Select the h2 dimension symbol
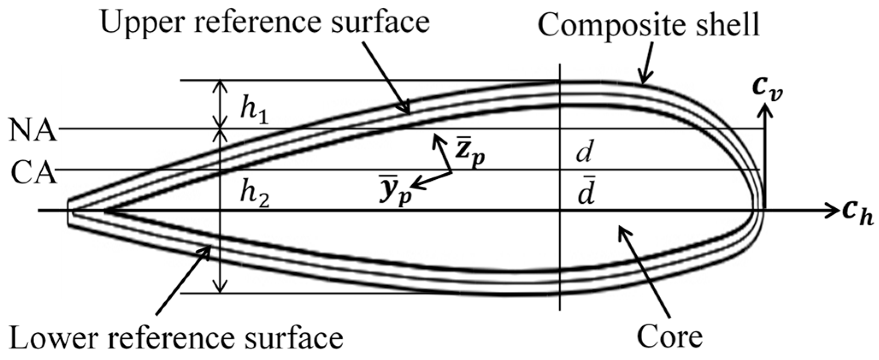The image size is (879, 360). tap(254, 196)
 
